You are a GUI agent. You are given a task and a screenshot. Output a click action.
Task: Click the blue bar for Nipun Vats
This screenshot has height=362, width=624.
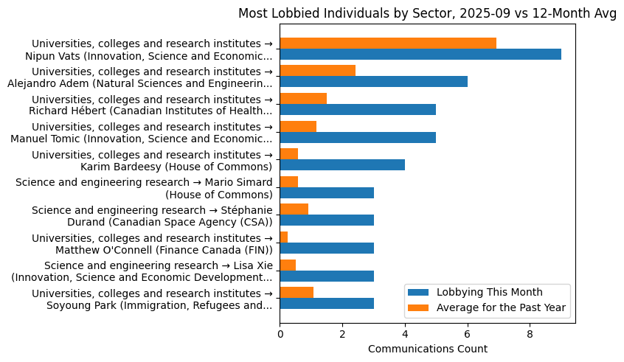coord(420,54)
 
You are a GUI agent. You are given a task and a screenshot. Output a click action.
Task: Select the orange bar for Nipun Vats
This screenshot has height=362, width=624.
coord(388,43)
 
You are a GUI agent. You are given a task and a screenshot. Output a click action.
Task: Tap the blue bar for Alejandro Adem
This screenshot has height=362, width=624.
coord(373,82)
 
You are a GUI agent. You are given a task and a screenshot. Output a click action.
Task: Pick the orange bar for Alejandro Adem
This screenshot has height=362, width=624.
coord(317,71)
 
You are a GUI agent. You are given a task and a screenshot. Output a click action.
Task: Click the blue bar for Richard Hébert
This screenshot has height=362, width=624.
coord(358,109)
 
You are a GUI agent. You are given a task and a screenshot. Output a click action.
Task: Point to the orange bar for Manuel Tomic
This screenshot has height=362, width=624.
coord(298,126)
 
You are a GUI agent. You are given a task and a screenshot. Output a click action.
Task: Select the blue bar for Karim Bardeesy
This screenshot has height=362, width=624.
coord(342,165)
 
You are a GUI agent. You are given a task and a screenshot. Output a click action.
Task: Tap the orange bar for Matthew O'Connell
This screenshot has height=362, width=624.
coord(284,237)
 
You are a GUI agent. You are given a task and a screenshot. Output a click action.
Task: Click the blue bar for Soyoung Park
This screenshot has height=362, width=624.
coord(327,303)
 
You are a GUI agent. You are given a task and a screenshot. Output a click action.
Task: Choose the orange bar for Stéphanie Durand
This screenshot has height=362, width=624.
coord(294,209)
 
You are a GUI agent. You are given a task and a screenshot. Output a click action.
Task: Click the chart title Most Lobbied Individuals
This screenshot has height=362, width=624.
coord(427,13)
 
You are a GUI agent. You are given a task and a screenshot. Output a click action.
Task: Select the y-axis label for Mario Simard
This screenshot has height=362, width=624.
coord(144,188)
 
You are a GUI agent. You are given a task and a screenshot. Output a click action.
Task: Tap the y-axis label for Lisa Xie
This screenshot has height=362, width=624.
coord(158,271)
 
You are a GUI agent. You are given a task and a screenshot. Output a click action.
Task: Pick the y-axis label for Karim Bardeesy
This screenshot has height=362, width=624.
coord(152,160)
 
